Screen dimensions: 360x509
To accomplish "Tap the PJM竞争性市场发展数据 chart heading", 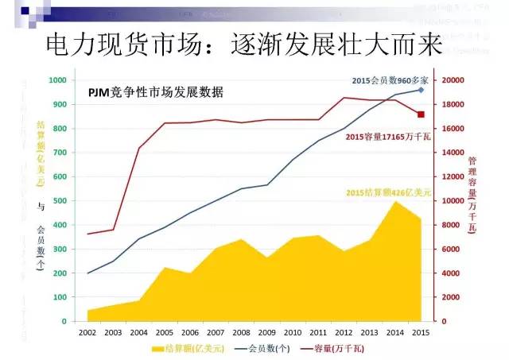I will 156,92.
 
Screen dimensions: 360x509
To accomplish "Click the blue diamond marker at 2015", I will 421,90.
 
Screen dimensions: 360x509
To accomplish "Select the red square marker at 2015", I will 421,114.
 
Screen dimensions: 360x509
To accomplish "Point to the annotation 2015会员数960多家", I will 384,81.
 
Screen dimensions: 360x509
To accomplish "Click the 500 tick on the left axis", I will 60,201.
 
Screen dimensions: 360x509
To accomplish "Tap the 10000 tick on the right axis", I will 453,201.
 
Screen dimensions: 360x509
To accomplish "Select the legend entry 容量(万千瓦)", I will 337,348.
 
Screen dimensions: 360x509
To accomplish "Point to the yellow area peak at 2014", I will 395,202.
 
